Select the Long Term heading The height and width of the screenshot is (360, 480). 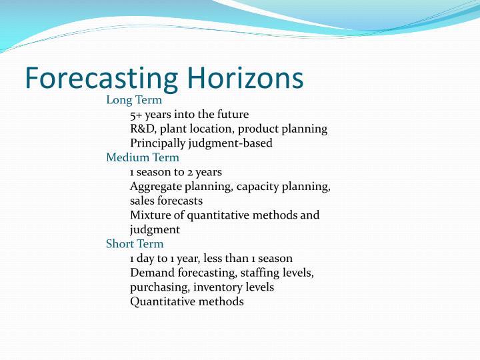pos(134,100)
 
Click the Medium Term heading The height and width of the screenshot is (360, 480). pos(143,157)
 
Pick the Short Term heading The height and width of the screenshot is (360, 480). pos(135,243)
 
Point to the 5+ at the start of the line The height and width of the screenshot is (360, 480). pos(135,115)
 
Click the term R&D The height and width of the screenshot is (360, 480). pos(142,129)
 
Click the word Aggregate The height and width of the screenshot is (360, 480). pos(155,186)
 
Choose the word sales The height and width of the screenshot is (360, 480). pos(142,201)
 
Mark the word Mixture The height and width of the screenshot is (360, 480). pos(151,215)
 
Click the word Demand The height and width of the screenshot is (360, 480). pos(150,273)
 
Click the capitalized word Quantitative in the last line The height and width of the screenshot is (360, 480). pos(163,301)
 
